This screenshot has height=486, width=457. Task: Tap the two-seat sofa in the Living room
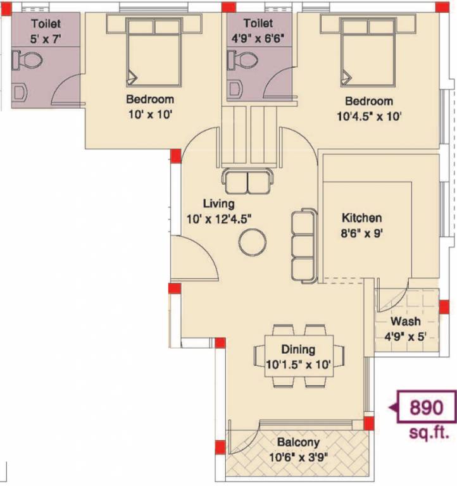pos(247,182)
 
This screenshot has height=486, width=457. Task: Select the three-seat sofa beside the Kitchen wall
pos(303,243)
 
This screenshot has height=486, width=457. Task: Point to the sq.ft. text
pos(429,433)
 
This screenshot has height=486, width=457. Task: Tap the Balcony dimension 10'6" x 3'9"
pos(297,456)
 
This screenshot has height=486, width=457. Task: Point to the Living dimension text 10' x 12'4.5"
pos(218,218)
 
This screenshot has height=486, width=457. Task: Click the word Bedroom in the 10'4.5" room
pos(368,101)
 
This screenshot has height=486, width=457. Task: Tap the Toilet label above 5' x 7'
pos(46,23)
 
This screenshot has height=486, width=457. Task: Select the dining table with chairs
pos(298,356)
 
